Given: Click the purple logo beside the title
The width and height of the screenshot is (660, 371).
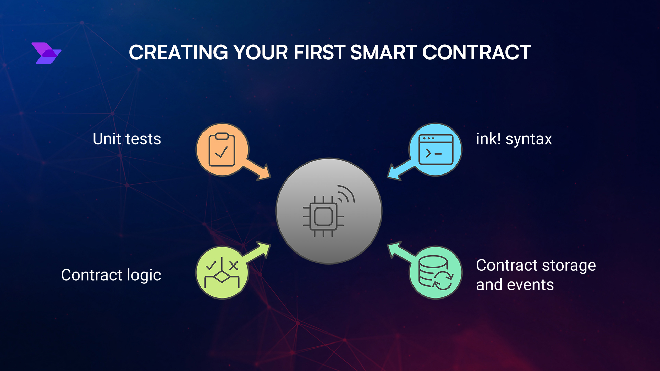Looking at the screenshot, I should (46, 53).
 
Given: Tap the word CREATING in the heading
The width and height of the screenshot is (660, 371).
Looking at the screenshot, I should (178, 53).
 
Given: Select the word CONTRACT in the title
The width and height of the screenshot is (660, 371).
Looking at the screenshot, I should (476, 53).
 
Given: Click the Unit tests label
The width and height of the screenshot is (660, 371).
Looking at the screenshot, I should (127, 139).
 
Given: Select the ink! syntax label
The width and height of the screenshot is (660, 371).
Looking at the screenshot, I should (514, 139).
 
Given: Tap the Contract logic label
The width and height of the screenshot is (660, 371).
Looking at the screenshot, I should (111, 275).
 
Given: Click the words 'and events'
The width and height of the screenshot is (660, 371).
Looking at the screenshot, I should (515, 285).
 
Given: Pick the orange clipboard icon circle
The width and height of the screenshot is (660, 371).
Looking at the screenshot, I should (222, 149).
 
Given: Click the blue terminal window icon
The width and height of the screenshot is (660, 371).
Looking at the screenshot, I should (436, 149).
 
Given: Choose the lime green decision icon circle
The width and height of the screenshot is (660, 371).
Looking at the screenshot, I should (222, 272).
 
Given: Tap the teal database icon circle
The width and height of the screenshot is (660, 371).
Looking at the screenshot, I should (436, 272).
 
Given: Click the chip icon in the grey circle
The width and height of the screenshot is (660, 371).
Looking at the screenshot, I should (323, 216).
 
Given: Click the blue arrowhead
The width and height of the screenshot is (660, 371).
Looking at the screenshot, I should (394, 173).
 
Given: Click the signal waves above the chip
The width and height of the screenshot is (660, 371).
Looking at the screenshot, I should (346, 194).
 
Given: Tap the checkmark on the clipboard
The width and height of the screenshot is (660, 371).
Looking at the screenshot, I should (221, 151).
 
